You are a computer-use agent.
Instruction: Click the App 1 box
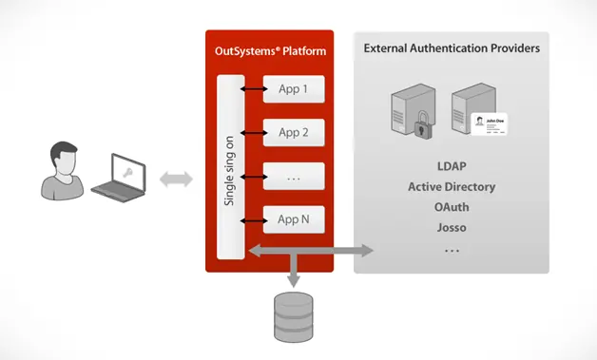coord(294,89)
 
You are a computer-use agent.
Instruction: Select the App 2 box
coord(294,132)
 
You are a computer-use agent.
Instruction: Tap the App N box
coord(294,219)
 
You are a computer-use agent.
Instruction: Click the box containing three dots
coord(294,176)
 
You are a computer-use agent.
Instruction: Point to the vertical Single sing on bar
coord(230,166)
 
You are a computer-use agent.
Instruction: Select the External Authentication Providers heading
coord(452,47)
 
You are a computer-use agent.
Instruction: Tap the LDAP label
coord(452,166)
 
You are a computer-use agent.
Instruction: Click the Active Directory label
coord(452,187)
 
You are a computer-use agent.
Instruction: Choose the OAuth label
coord(452,207)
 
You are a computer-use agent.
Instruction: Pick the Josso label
coord(452,228)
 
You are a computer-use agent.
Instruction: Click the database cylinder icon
coord(292,316)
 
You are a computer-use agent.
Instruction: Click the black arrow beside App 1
coord(253,89)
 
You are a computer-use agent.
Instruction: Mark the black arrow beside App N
coord(253,219)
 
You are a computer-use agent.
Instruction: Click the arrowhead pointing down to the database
coord(292,281)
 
